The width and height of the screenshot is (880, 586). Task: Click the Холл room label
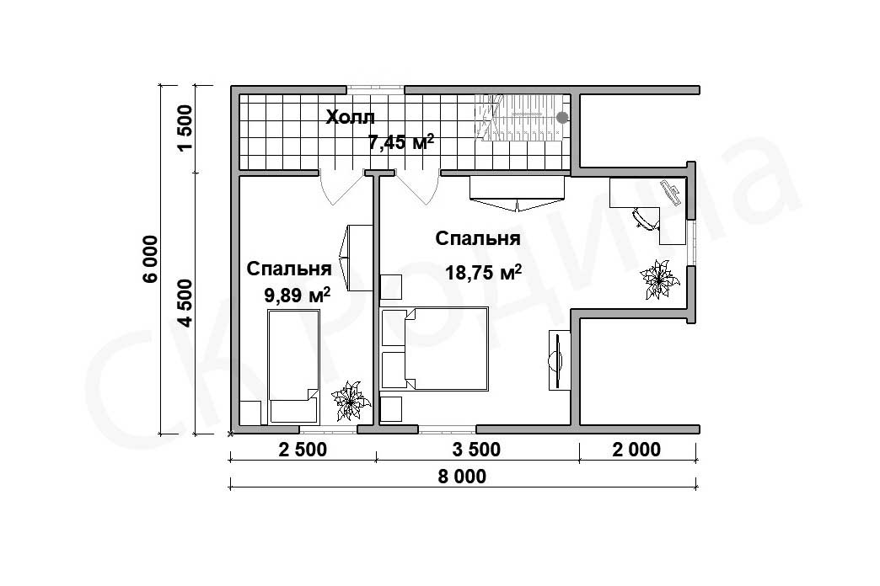coord(350,118)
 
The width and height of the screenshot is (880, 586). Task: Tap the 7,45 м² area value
coord(400,142)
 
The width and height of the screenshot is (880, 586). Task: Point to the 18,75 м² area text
coord(483,273)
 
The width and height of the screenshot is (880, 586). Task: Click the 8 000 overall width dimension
coord(462,477)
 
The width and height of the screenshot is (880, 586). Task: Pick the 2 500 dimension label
coord(302,449)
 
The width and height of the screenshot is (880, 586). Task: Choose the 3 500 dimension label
coord(476,449)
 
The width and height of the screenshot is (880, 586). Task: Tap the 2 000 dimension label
coord(637,449)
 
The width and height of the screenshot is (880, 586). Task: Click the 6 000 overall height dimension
coord(152,259)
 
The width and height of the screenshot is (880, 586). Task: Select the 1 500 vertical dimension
coord(185,128)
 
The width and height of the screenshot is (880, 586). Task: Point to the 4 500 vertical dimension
coord(185,303)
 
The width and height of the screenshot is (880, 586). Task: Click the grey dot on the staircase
coord(561,118)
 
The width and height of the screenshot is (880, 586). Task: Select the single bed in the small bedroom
coord(294,367)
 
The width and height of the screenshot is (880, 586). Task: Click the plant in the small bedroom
coord(351,401)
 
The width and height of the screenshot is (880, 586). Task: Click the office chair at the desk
coord(647,218)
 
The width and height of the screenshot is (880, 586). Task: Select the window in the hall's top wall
coord(375,89)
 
